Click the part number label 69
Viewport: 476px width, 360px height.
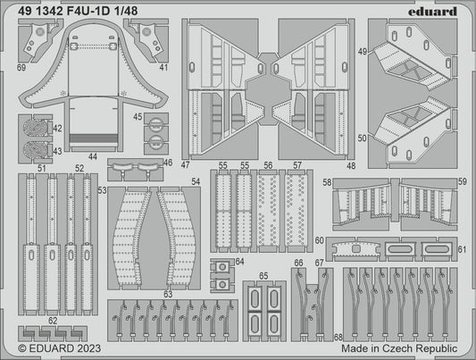[x=21, y=66]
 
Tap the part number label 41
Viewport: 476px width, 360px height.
[x=163, y=66]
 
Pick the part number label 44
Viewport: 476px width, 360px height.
[x=93, y=157]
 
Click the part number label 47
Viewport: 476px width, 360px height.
[x=186, y=165]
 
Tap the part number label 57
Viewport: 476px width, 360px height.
[x=296, y=166]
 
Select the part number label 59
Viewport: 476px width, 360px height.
[x=462, y=182]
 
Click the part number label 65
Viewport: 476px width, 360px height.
[x=263, y=276]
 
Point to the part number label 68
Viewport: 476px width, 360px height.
[x=337, y=337]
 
